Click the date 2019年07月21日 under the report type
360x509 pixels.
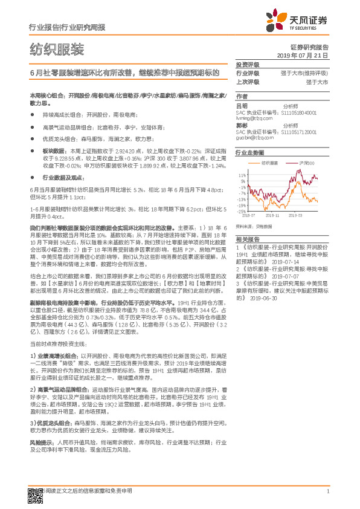(x=306, y=54)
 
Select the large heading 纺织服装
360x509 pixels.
(x=57, y=48)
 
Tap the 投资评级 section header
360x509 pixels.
(x=248, y=64)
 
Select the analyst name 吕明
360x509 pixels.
(x=242, y=105)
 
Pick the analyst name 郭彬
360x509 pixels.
(x=242, y=125)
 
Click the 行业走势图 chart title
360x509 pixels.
(x=251, y=154)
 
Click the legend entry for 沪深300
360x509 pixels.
(x=306, y=164)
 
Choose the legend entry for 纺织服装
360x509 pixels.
(x=269, y=164)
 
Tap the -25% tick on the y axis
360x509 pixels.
(x=241, y=212)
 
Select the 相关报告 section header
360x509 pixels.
(x=248, y=240)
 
